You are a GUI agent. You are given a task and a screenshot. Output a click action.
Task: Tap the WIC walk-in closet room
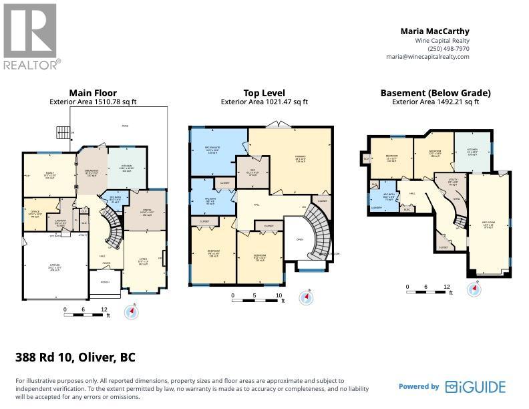pos(253,172)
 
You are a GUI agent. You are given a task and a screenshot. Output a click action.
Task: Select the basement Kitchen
pos(472,152)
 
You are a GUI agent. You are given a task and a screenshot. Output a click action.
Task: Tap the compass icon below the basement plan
pos(474,289)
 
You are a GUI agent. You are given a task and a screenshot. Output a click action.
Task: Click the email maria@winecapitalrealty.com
pos(428,57)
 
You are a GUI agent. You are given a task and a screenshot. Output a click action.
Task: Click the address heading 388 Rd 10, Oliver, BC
pos(75,357)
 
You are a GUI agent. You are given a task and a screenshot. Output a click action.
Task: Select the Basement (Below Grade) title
pos(435,93)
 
